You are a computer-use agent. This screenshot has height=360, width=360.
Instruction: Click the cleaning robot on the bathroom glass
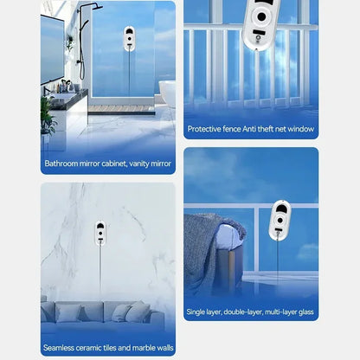coord(129,39)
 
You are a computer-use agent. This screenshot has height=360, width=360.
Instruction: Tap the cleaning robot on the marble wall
coord(100,233)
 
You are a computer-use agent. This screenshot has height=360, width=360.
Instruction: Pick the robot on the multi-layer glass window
coord(280,220)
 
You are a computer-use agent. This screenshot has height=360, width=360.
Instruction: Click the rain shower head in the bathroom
coord(93,7)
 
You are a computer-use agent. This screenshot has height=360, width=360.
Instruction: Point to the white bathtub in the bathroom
coord(168,93)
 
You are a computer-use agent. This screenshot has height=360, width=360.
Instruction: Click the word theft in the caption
coord(265,129)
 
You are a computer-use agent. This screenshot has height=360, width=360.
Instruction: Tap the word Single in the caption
coord(196,312)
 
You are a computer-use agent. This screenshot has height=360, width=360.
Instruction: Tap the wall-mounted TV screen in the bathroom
coord(52,49)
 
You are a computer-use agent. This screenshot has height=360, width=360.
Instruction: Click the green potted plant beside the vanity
coord(47,115)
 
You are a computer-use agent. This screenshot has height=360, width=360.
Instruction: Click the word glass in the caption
coord(306,312)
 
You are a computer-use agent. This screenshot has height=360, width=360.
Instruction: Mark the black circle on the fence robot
coord(261,16)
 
